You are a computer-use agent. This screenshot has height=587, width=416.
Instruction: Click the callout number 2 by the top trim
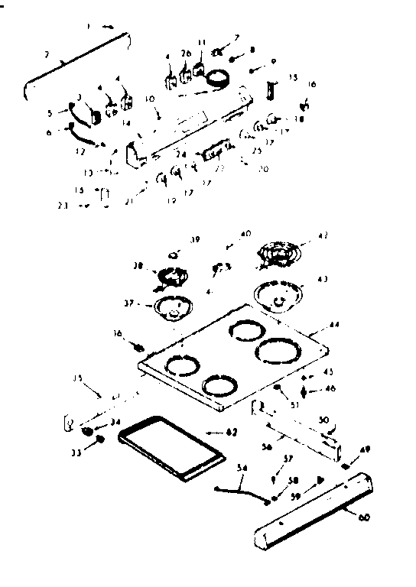coord(47,54)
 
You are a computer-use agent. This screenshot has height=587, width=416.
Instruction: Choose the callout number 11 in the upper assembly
coord(201,42)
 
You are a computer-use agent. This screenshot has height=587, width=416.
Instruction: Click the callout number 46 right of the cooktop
coord(330,388)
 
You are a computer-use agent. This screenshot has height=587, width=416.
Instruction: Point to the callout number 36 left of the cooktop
coord(117,334)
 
